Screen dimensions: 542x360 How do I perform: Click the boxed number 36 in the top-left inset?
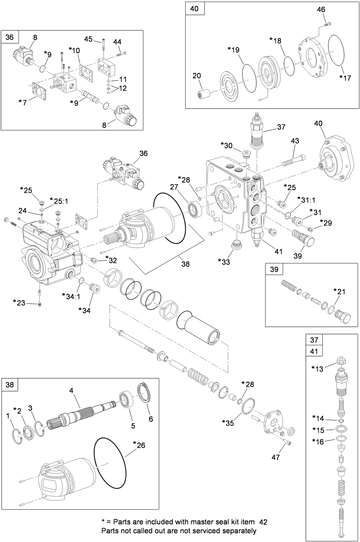10,37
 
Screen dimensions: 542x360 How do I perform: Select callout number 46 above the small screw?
321,10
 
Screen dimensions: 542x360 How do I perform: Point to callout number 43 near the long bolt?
295,141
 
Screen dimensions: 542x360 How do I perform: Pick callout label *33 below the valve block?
224,262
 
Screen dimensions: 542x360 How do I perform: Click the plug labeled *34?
95,290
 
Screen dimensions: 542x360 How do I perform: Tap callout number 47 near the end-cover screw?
275,457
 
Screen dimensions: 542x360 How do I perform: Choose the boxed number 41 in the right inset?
314,352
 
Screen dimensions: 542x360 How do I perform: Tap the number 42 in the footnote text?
263,522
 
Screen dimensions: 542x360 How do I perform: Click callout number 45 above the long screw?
88,39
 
